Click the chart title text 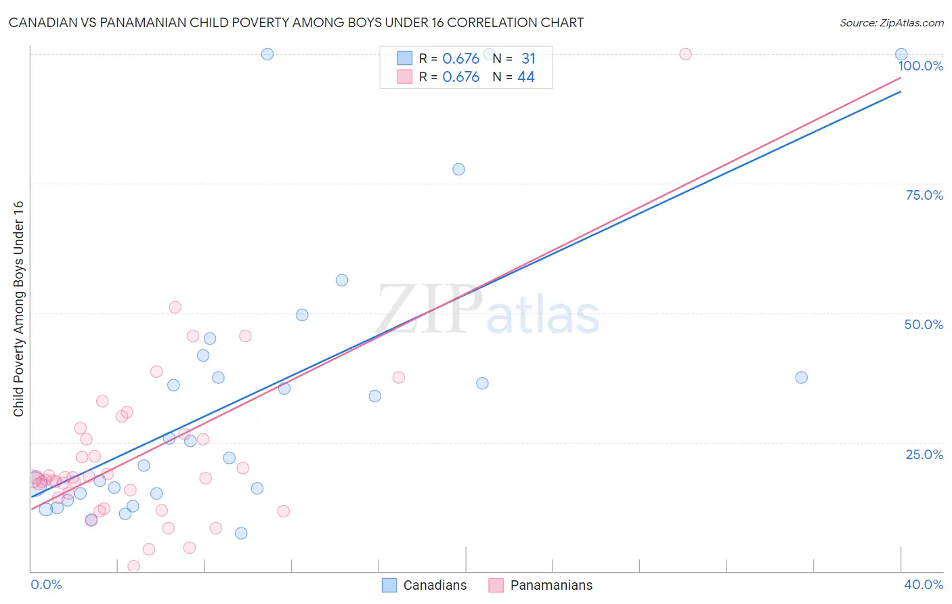[296, 23]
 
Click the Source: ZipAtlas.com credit [891, 23]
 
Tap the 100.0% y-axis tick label [920, 66]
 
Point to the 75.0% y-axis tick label [924, 195]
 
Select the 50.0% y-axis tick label [924, 324]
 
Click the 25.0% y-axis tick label [924, 454]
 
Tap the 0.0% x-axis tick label [46, 584]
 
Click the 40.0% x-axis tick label [923, 584]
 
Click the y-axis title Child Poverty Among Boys [18, 309]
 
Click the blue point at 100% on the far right [901, 54]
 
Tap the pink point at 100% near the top [685, 54]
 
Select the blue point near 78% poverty [458, 169]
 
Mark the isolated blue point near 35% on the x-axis [801, 377]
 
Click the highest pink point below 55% [175, 307]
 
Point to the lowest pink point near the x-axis [133, 566]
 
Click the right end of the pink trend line [901, 78]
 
